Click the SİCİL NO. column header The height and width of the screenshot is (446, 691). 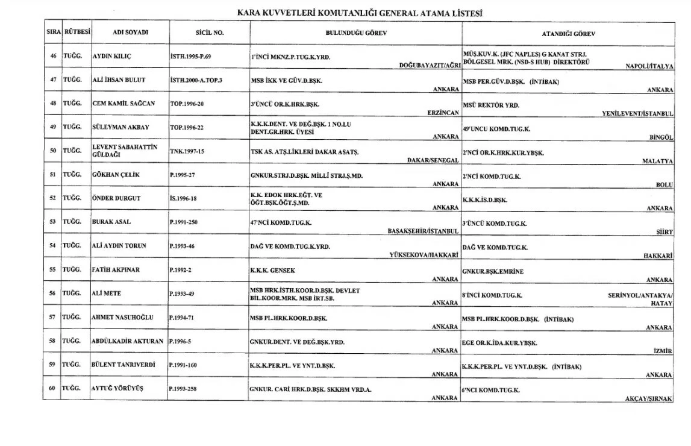210,33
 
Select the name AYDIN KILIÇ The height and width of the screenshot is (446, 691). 112,56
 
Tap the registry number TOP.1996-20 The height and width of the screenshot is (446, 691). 187,104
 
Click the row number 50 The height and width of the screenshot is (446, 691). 53,151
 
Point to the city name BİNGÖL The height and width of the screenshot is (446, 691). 661,137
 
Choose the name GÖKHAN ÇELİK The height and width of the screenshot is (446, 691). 116,175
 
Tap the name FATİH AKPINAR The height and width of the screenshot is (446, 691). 116,269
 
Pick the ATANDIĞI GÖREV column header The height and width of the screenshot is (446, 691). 569,34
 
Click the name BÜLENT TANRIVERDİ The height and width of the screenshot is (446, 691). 124,365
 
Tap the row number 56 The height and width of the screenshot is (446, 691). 53,294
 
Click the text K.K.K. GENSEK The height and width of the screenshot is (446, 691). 273,271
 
